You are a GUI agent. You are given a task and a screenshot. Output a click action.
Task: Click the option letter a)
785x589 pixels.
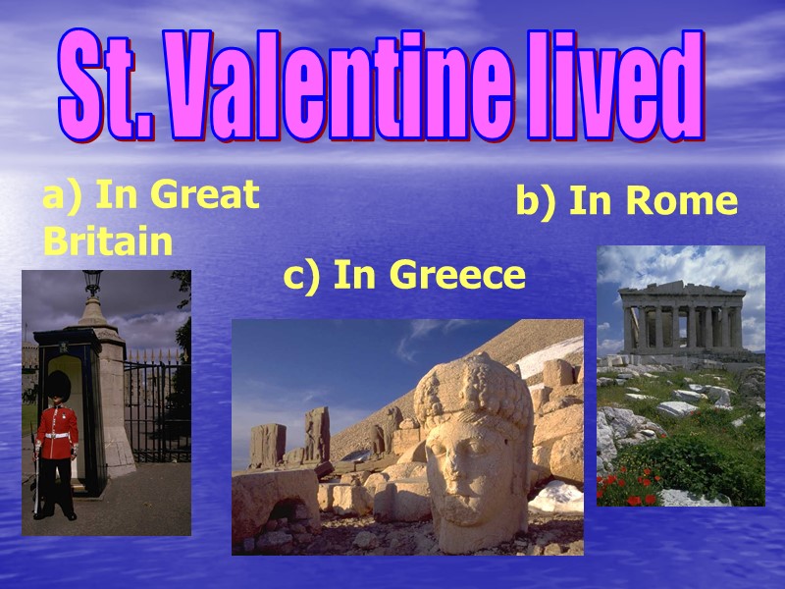(x=61, y=196)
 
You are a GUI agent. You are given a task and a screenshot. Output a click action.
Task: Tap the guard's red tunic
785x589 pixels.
(x=57, y=427)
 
